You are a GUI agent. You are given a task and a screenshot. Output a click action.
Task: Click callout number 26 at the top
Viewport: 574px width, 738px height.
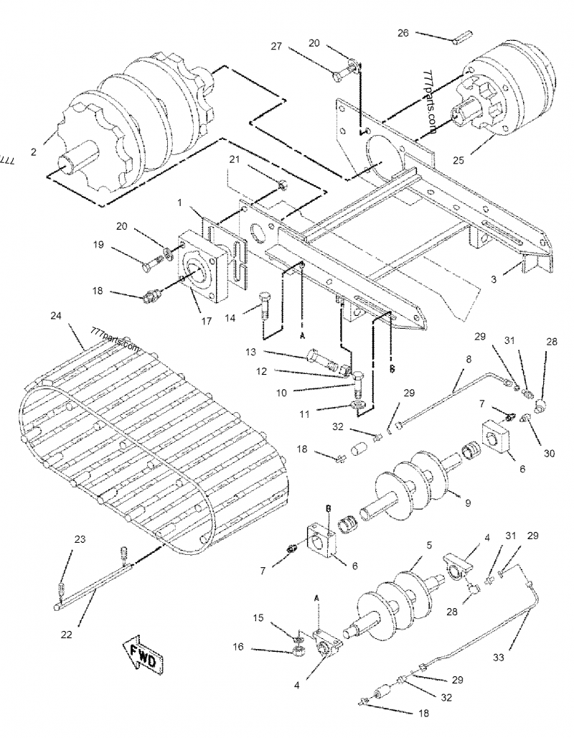(x=403, y=32)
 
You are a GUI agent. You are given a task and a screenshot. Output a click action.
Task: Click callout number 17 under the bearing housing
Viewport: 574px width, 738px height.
(x=207, y=321)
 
